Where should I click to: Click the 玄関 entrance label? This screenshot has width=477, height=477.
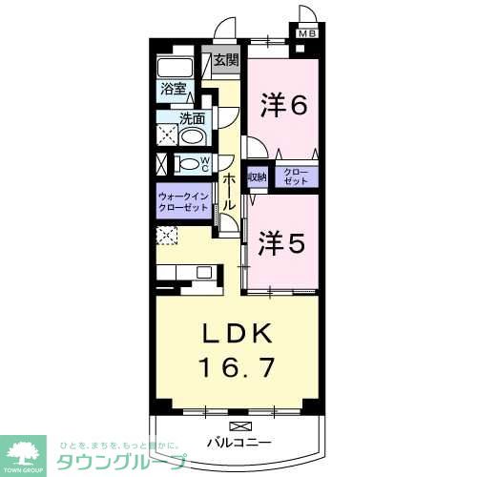[x=225, y=61]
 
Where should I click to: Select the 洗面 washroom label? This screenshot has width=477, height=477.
[x=192, y=119]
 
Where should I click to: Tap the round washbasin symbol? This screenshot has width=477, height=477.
[x=191, y=135]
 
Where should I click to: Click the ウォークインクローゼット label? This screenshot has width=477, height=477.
[x=184, y=202]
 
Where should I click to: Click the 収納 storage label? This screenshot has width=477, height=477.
[x=257, y=177]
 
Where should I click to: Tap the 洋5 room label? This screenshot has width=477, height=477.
[x=281, y=242]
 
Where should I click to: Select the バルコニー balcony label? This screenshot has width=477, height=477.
[x=238, y=443]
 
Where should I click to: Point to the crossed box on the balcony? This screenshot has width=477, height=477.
[x=237, y=425]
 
